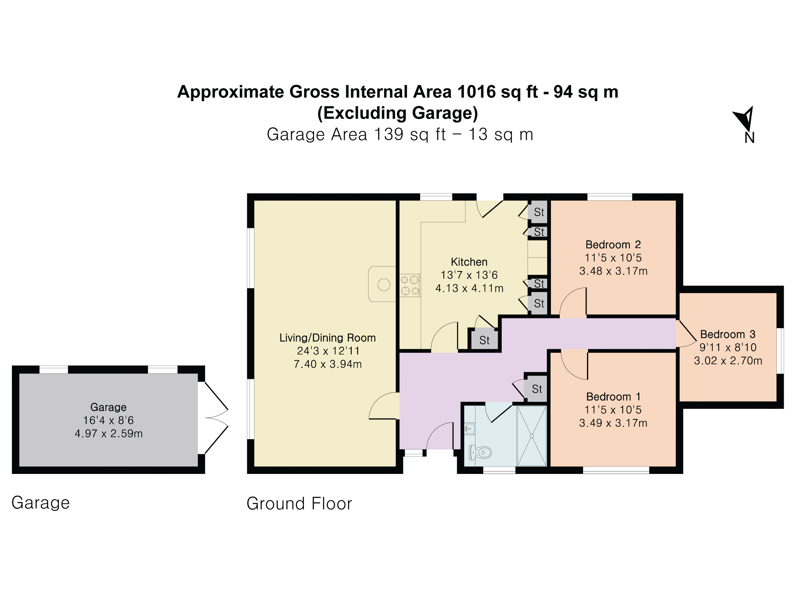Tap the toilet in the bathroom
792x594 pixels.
tap(480, 453)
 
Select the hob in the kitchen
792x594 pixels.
tap(410, 285)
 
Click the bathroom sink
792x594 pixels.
tap(469, 429)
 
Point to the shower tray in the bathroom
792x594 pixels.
tap(532, 436)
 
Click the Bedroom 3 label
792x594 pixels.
tap(728, 334)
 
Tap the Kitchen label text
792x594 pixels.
tap(469, 262)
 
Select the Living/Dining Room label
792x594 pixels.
tap(328, 338)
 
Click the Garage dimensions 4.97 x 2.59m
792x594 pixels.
tap(108, 434)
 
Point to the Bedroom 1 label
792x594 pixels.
tap(613, 397)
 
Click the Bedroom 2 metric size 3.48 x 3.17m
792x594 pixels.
tap(613, 271)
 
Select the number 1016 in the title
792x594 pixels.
tap(477, 92)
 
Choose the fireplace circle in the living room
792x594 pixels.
tap(384, 285)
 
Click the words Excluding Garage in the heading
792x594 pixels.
tap(398, 113)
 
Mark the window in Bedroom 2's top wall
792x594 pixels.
tap(610, 197)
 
